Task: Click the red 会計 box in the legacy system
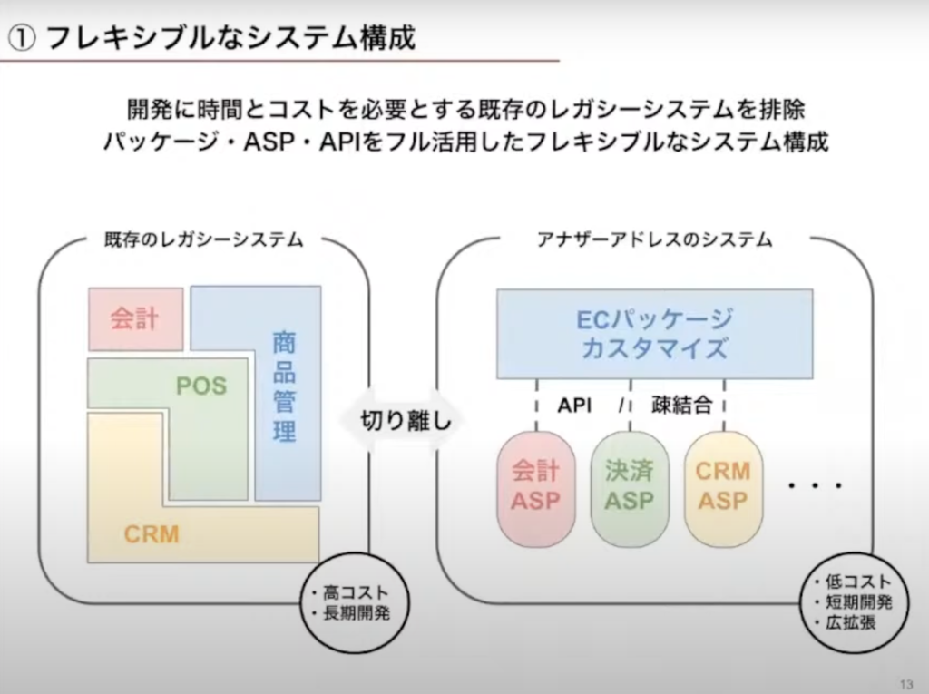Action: point(135,318)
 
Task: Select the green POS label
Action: point(201,387)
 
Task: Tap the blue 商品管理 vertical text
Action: point(285,388)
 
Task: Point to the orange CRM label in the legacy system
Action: point(152,533)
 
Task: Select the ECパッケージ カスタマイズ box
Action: point(654,334)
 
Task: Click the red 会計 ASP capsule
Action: point(535,487)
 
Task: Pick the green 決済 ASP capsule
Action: point(629,487)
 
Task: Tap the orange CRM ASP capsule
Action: point(722,487)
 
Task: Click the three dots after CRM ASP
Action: point(816,487)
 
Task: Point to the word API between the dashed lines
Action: point(574,406)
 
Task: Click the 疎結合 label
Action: point(681,406)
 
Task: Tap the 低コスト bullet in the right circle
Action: point(853,582)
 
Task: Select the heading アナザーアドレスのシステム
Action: point(654,240)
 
